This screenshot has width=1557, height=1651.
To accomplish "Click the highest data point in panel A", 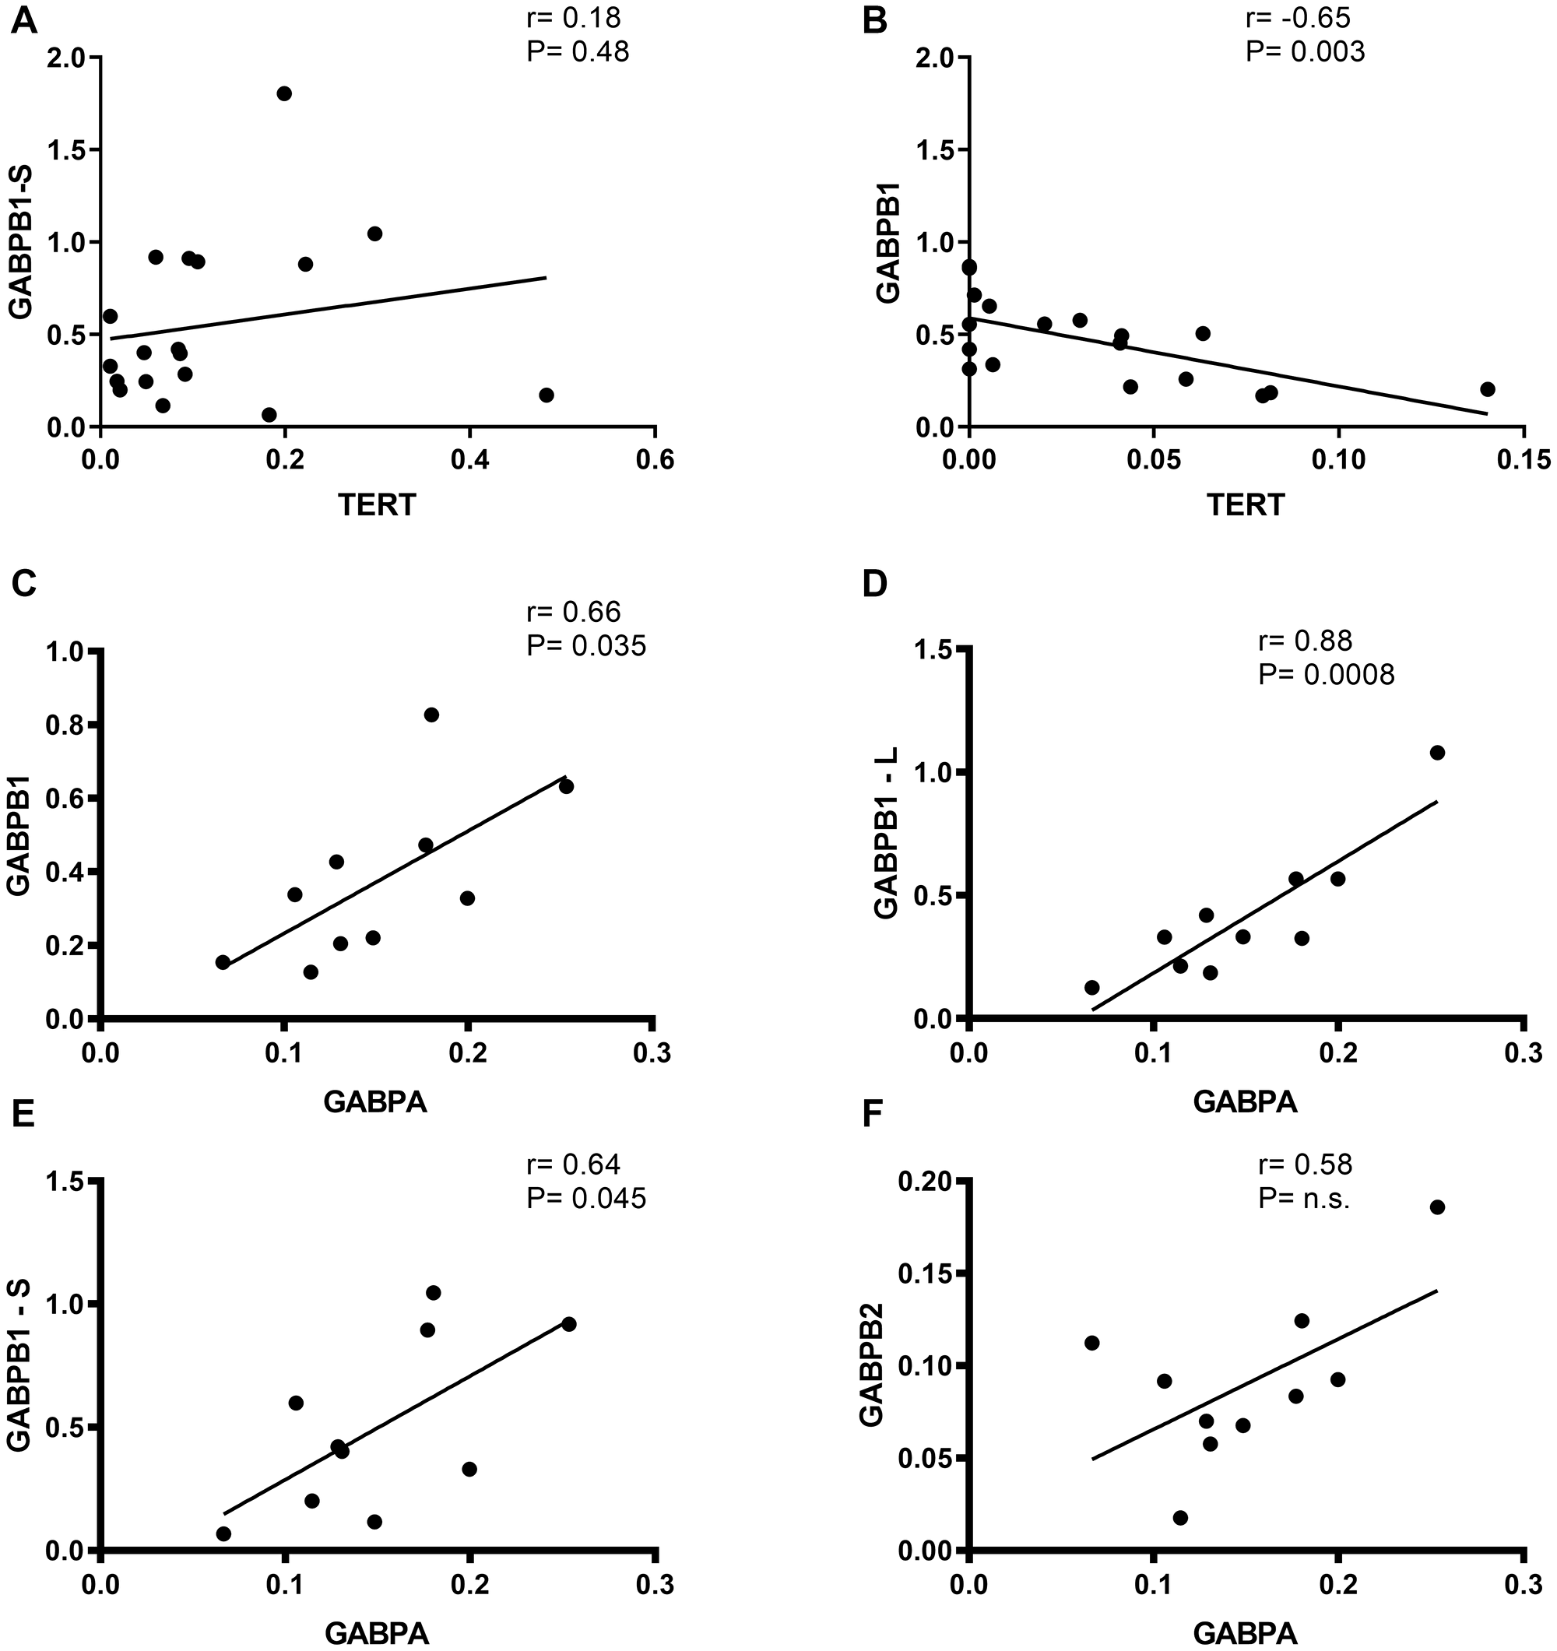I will click(284, 94).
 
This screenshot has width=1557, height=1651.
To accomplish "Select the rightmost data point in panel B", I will click(1487, 389).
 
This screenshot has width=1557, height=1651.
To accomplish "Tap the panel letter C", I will click(24, 585).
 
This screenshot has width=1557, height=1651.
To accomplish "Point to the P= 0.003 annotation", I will click(1305, 52).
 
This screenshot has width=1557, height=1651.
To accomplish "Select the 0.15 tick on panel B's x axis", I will click(1521, 460).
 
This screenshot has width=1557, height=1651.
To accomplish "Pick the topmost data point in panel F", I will click(1437, 1207).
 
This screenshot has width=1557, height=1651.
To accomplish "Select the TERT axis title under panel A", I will click(377, 505).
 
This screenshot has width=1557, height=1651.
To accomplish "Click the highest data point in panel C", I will click(432, 715).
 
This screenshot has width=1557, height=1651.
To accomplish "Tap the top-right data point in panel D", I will click(1437, 753).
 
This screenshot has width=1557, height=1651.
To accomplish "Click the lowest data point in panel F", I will click(1180, 1518).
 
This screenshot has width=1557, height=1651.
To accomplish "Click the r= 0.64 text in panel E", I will click(573, 1164).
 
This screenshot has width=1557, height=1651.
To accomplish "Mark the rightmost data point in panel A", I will click(547, 395).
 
